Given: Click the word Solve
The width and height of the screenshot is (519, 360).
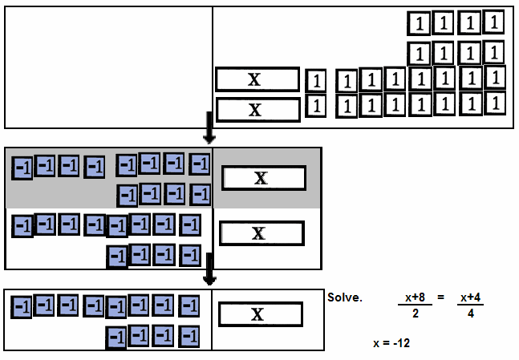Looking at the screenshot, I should point(345,297).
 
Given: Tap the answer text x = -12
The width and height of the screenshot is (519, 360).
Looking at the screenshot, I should point(397,342).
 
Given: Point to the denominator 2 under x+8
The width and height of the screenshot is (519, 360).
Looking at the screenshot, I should point(415,313).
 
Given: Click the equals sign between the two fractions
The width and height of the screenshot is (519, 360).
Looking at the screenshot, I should point(440,297).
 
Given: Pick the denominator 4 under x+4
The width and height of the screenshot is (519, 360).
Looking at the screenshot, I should point(471,313).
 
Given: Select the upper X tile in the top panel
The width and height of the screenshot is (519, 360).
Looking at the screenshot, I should point(256,79).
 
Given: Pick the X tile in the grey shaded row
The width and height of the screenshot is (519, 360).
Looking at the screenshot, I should point(263,178).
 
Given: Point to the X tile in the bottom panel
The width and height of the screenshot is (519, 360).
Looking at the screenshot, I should point(259,314).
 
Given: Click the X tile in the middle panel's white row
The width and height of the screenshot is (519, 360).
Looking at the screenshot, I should point(261,233).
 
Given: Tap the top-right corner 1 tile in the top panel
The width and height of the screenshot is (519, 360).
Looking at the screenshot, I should point(495,22).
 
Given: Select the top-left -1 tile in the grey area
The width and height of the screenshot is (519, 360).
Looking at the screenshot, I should point(22,167).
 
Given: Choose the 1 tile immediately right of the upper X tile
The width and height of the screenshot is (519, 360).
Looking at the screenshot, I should point(318,80).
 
